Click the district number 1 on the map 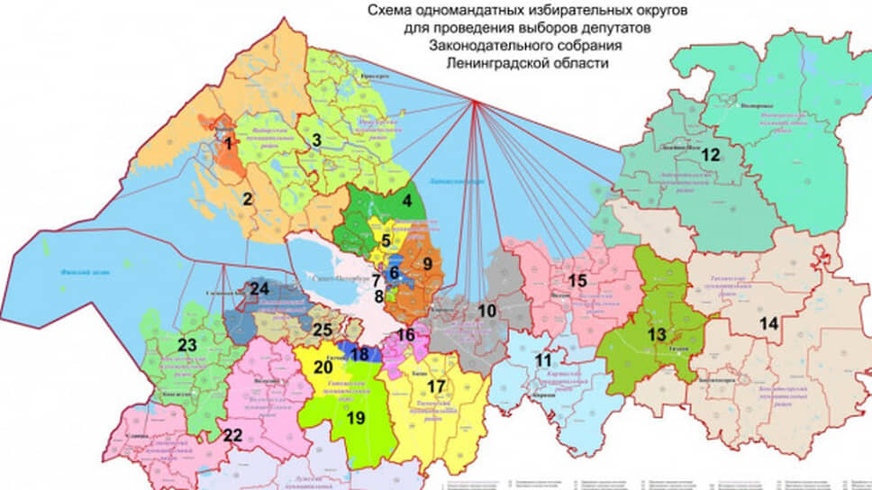[229, 142]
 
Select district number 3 [316, 140]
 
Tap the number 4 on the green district [406, 201]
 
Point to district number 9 [428, 264]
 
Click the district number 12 [711, 155]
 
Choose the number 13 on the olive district [656, 335]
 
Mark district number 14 [768, 323]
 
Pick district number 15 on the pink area [577, 280]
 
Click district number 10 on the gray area [486, 311]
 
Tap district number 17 [436, 386]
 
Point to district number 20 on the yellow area [323, 367]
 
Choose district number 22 [232, 435]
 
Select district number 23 [186, 344]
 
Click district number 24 [260, 289]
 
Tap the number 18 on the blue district [359, 354]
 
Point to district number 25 [322, 328]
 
